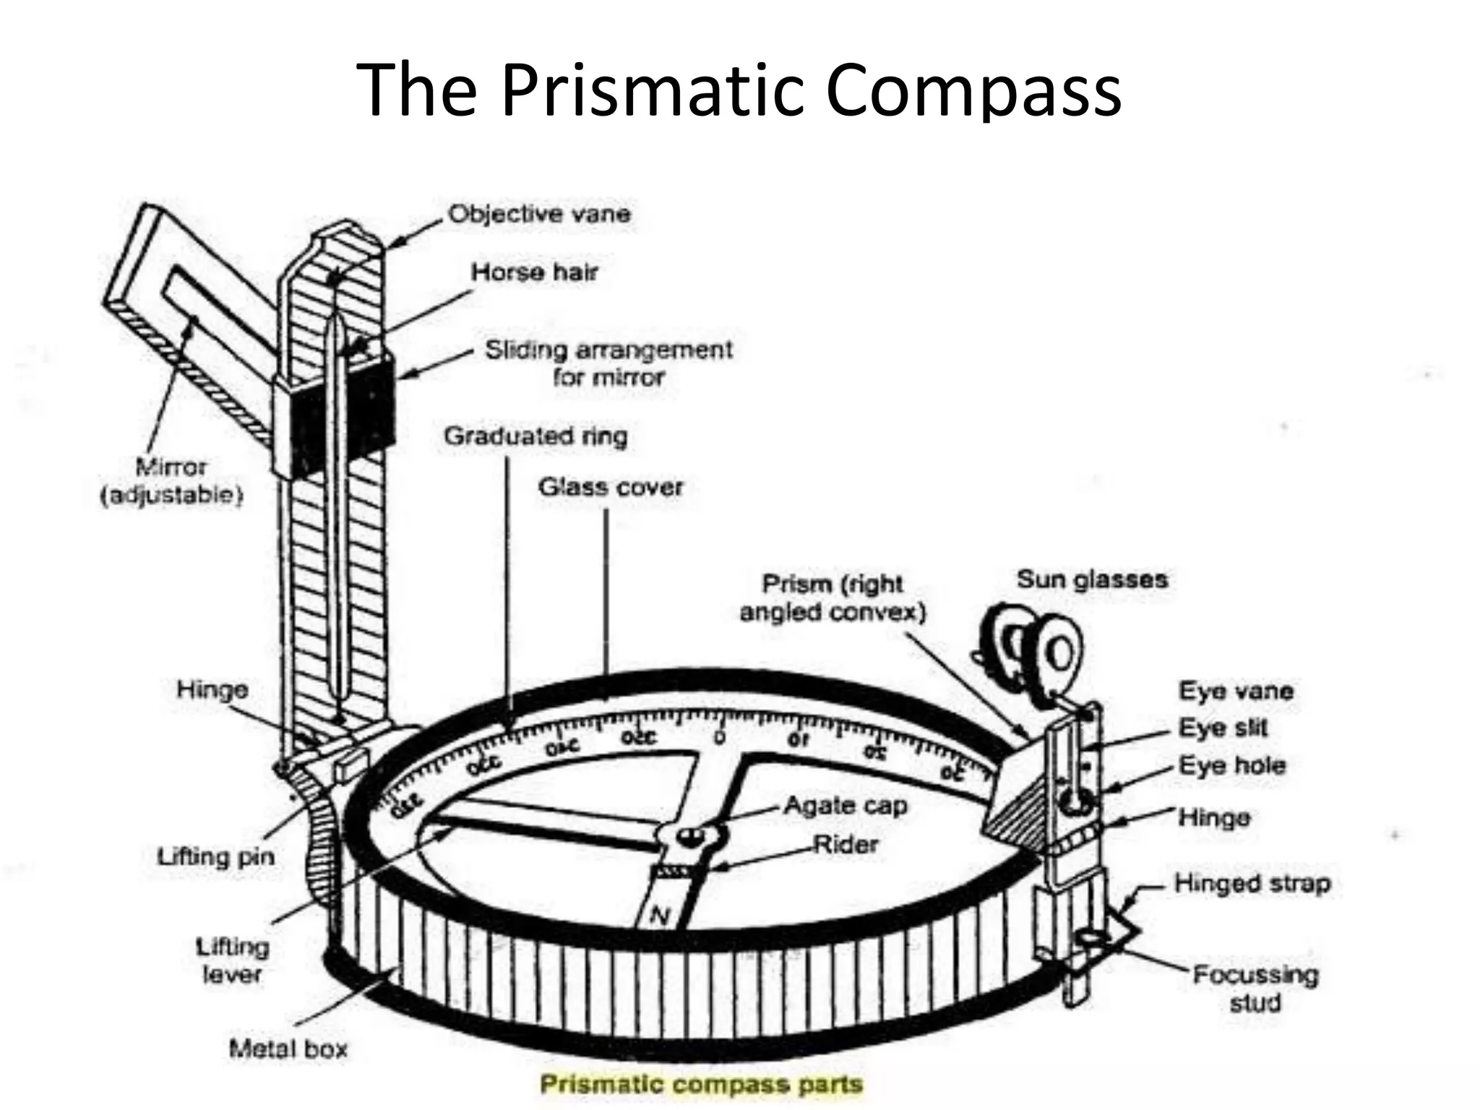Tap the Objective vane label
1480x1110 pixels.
[539, 214]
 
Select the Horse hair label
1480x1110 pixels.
[535, 272]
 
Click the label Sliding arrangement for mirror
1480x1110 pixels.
[608, 363]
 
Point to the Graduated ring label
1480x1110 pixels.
[535, 436]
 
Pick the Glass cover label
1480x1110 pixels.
[611, 487]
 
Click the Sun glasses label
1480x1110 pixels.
[1092, 580]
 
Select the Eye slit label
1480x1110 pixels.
[1223, 728]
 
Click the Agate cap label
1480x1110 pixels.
[845, 805]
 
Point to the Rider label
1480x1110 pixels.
[846, 844]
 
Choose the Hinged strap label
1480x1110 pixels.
[1252, 883]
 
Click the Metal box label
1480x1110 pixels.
[288, 1049]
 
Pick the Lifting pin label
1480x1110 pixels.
[216, 857]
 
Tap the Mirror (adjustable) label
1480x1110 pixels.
[171, 481]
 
